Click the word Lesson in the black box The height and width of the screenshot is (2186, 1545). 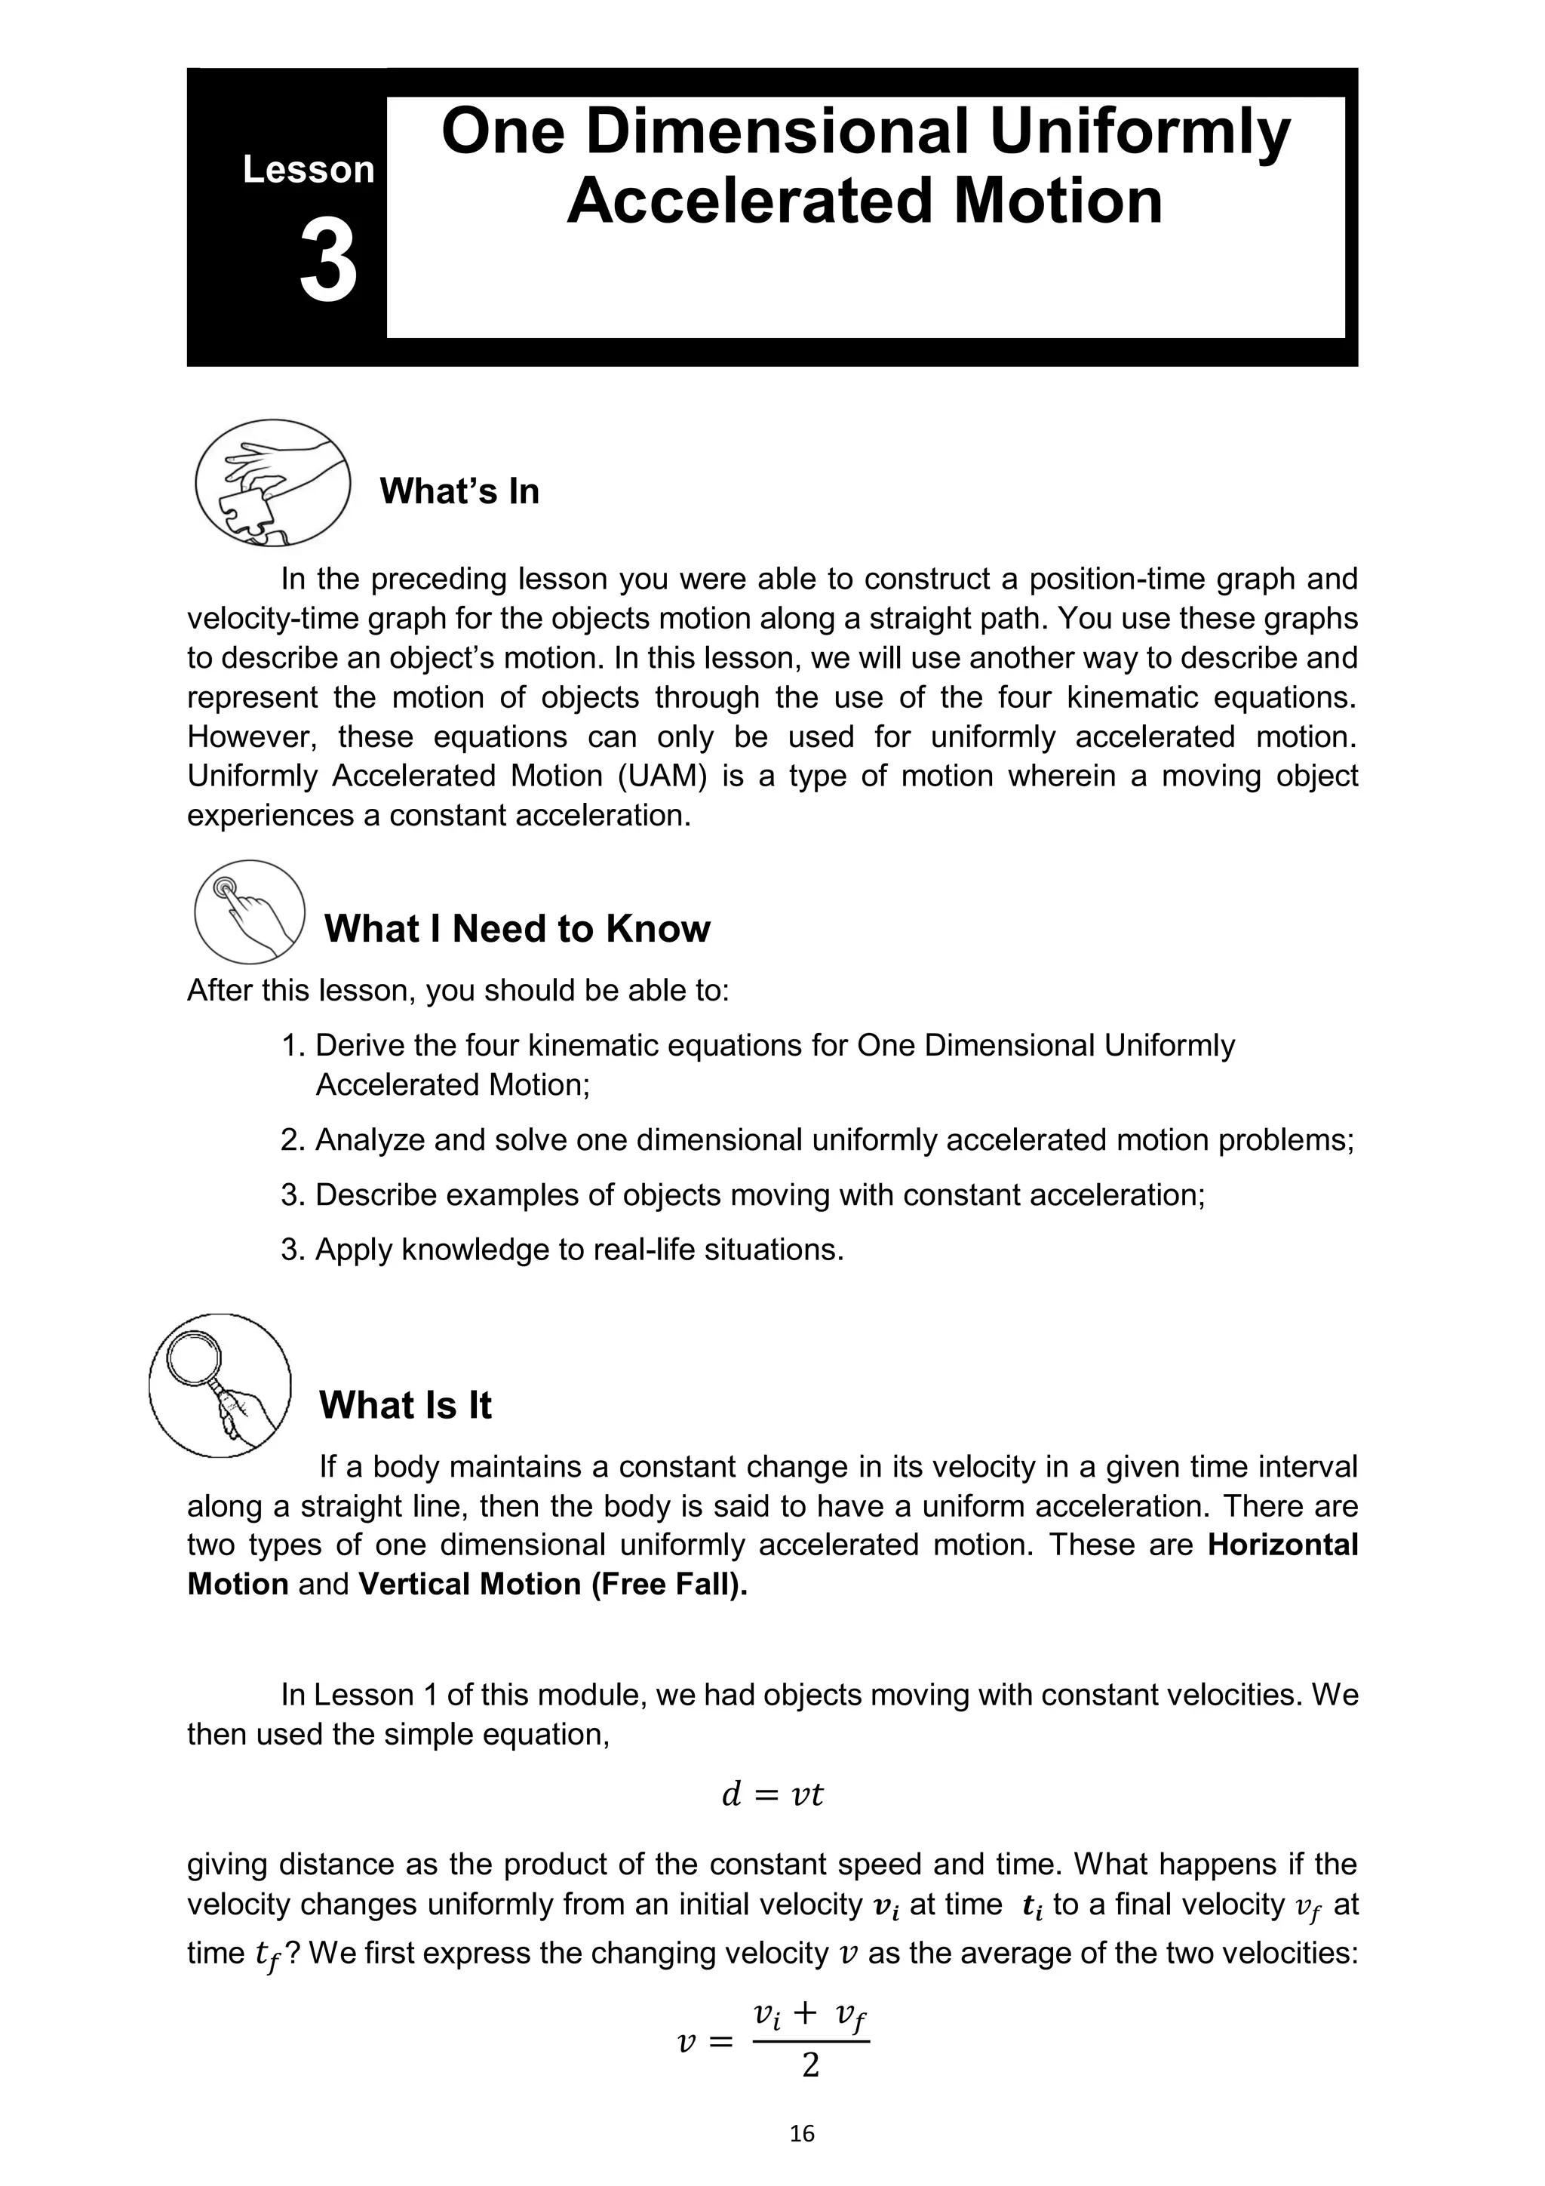tap(309, 171)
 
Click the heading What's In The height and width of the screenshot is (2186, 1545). tap(459, 491)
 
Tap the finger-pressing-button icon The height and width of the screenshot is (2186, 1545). tap(250, 912)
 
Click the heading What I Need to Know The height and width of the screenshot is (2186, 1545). tap(517, 928)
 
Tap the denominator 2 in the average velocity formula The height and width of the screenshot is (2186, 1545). tap(810, 2065)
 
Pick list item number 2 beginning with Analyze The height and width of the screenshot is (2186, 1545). tap(817, 1139)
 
